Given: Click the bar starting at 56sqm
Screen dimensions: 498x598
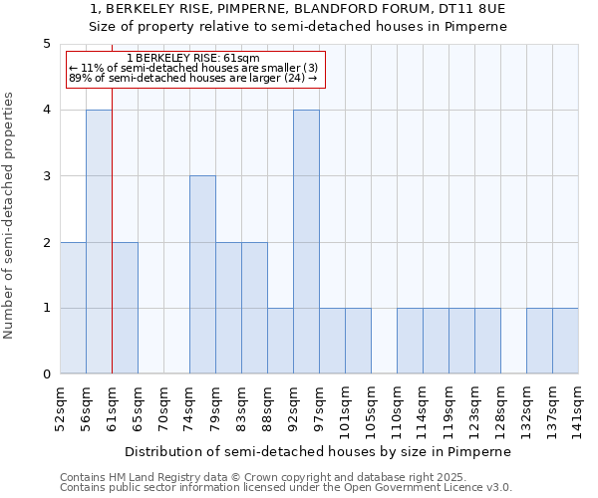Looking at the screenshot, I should [x=99, y=242].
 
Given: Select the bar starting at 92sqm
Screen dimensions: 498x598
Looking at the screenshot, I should [x=306, y=242].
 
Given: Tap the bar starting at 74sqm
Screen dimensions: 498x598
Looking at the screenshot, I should [x=202, y=275].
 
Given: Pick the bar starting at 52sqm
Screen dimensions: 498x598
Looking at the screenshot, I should [x=73, y=308].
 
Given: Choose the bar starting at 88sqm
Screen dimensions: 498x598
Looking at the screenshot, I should [x=280, y=341].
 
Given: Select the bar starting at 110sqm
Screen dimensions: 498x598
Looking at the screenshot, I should [x=410, y=341].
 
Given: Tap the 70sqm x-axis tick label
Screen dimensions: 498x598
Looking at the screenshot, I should [x=164, y=406].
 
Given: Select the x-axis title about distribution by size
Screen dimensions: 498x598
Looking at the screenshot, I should [x=318, y=451].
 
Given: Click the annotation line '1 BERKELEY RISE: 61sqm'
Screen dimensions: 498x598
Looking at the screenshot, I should [x=193, y=58].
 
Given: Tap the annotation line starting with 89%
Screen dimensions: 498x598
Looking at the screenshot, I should [x=193, y=78].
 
